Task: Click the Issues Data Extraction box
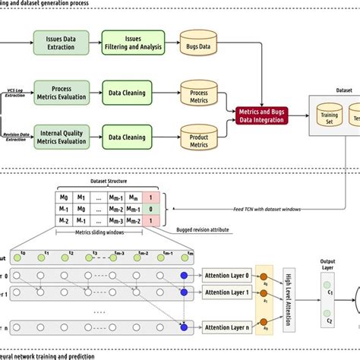65,42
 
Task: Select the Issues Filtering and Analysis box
133,42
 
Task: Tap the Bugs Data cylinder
199,43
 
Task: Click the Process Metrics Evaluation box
65,90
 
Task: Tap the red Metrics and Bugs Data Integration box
265,117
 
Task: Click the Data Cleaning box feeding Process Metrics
133,90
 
